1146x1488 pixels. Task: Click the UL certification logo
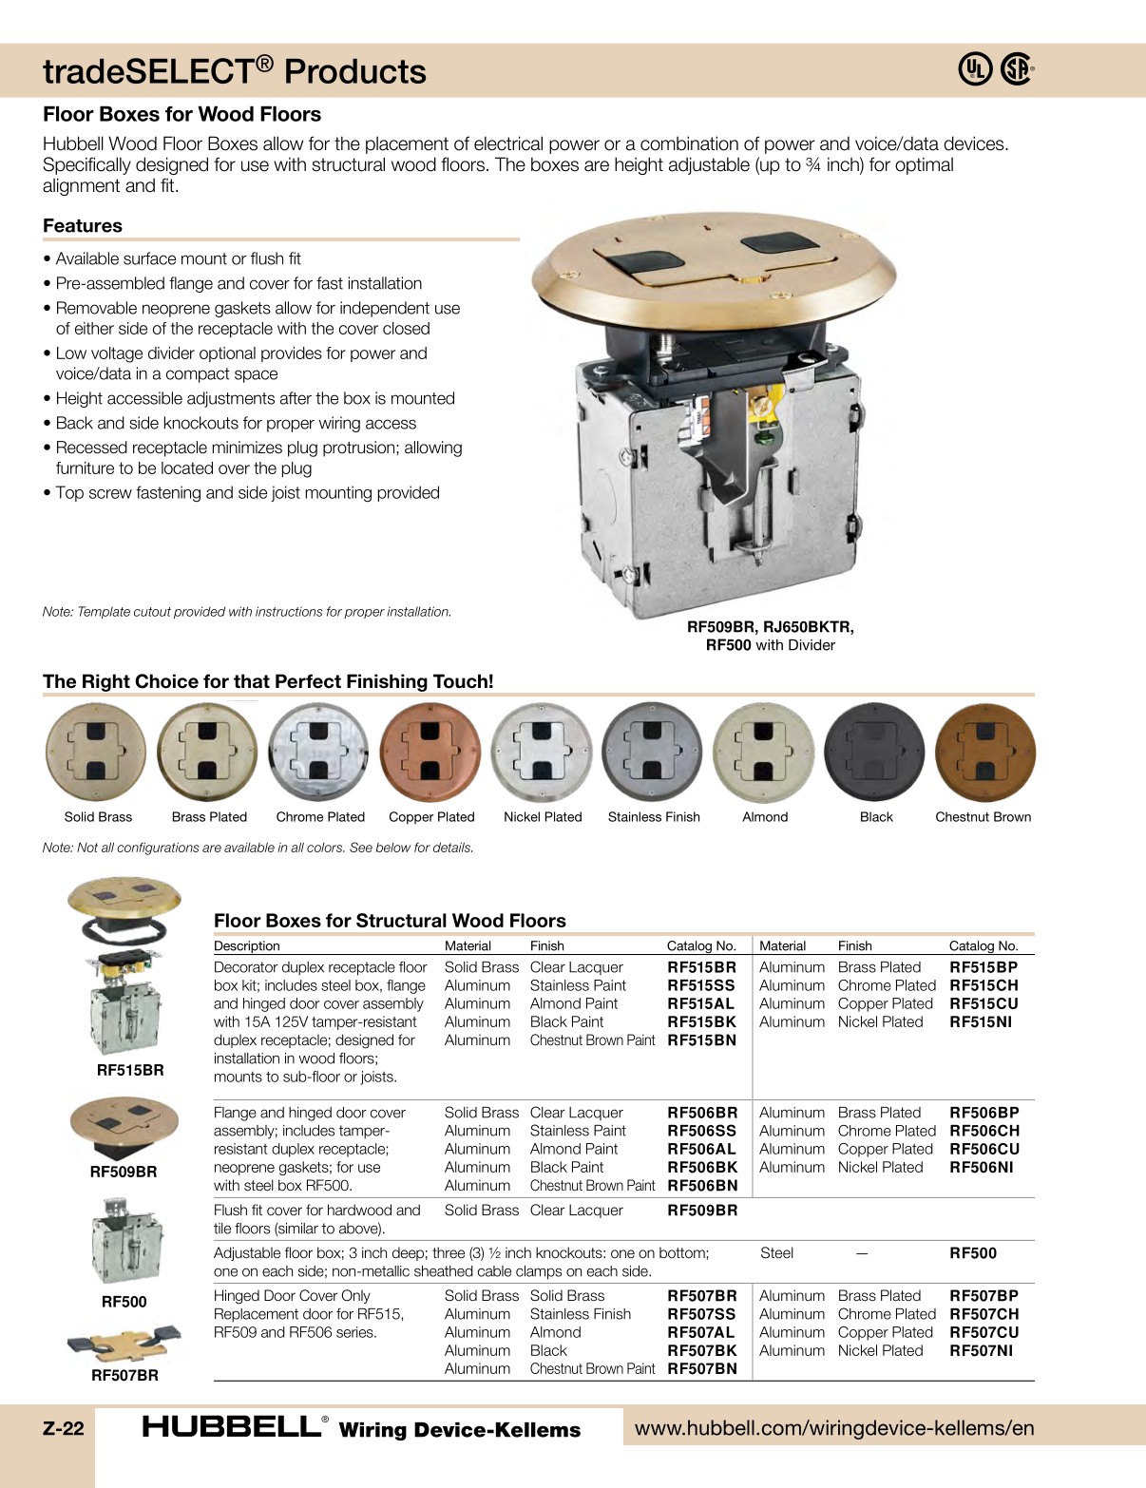[x=975, y=69]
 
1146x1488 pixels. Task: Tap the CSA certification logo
[x=1016, y=69]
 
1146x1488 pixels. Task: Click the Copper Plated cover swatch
[x=430, y=753]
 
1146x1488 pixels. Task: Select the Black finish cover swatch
[x=875, y=753]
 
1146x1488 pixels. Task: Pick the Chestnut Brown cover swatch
[x=985, y=753]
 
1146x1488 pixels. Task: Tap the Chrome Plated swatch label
[x=320, y=817]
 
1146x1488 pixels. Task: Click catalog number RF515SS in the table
[x=701, y=985]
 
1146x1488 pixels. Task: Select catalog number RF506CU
[x=984, y=1149]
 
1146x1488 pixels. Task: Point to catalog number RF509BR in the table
[x=701, y=1211]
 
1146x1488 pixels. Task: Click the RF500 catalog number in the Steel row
[x=973, y=1253]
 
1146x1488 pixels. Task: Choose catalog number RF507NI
[x=981, y=1350]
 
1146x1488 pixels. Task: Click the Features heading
[x=83, y=226]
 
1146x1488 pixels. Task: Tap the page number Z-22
[x=64, y=1428]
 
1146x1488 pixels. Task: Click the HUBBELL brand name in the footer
[x=231, y=1427]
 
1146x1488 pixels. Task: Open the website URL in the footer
[x=833, y=1428]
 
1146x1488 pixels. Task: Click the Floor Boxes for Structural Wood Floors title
[x=390, y=921]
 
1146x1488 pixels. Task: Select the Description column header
[x=247, y=946]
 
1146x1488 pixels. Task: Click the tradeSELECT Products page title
[x=235, y=71]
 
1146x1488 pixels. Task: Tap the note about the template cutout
[x=247, y=612]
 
